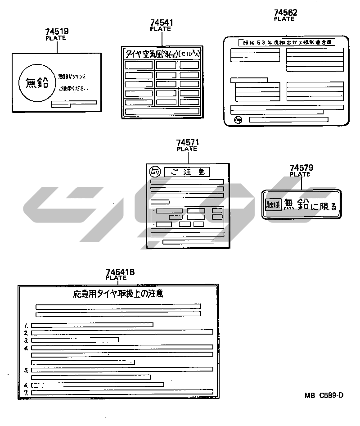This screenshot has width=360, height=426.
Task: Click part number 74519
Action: point(57,32)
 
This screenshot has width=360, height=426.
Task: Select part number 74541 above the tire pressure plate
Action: point(162,23)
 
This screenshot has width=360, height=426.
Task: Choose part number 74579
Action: point(301,168)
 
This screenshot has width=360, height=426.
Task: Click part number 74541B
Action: point(120,272)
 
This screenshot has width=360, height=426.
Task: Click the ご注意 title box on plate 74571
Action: point(187,172)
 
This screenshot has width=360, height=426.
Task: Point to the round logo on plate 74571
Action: point(155,172)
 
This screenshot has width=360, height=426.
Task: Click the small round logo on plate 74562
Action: point(238,120)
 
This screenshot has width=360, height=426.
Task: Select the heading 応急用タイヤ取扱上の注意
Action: point(118,294)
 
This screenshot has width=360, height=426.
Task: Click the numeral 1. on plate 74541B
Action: point(27,325)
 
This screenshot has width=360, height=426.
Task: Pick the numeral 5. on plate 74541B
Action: point(27,370)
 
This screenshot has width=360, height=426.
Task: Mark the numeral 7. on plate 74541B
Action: point(27,393)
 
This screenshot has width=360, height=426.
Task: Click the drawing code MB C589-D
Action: point(324,395)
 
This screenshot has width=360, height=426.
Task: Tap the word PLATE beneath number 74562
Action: point(284,19)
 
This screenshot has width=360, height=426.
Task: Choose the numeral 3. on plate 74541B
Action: point(27,340)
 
